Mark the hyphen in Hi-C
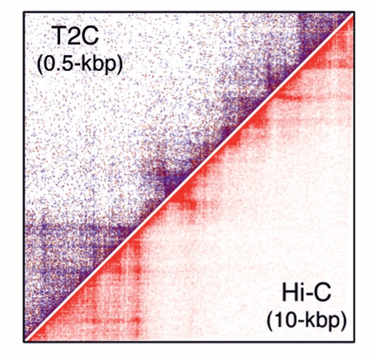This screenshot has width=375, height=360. [309, 295]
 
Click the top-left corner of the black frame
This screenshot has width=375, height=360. [23, 12]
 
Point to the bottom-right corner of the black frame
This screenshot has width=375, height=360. [354, 342]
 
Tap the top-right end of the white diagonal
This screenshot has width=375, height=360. [353, 13]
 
